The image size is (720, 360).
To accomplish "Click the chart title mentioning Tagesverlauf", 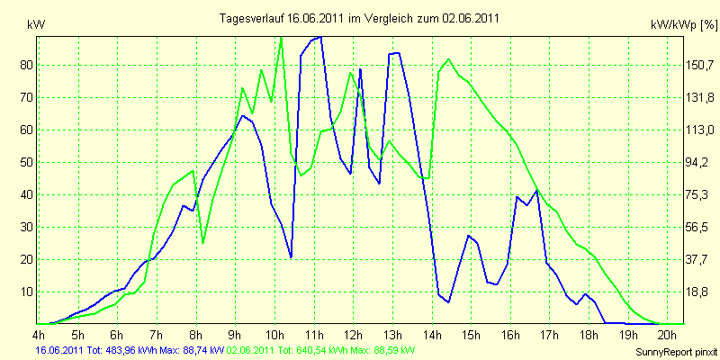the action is [x=359, y=18].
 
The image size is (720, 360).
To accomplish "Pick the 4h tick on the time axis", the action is [x=39, y=334].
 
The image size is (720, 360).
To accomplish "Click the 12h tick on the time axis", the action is [x=353, y=334].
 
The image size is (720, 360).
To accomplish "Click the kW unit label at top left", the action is [x=36, y=25].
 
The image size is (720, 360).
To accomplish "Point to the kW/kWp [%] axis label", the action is [x=684, y=25].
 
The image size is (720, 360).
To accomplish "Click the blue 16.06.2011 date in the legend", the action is [x=58, y=350].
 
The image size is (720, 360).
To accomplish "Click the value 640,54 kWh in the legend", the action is [x=308, y=350].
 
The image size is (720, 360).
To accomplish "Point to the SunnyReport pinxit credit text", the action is [x=676, y=353].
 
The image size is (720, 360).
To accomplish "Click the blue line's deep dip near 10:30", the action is [x=291, y=257].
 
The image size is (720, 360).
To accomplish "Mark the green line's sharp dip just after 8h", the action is [x=203, y=242].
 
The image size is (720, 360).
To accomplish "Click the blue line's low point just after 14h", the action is [x=448, y=301].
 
